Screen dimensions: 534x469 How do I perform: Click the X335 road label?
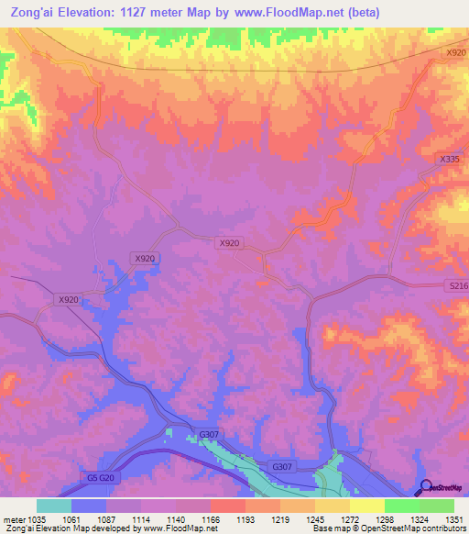(x=448, y=159)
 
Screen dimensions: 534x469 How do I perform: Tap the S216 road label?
(x=457, y=287)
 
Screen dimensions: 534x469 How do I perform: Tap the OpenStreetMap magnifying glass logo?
(x=425, y=487)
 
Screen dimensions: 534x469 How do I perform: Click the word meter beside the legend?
(x=16, y=519)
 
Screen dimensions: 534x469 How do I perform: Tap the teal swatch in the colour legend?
(x=54, y=506)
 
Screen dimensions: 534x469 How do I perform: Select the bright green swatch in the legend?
(x=401, y=506)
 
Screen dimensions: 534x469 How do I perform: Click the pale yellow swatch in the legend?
(x=366, y=506)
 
